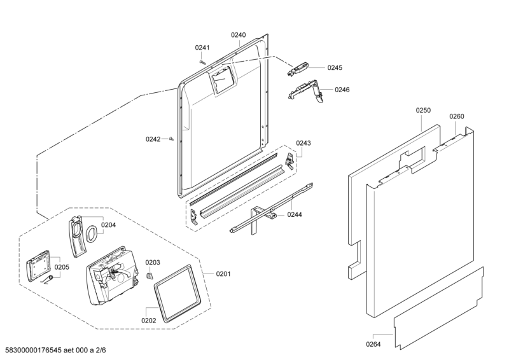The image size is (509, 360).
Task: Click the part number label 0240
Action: [238, 36]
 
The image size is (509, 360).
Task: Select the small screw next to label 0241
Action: [202, 61]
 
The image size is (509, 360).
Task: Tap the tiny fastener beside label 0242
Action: [172, 139]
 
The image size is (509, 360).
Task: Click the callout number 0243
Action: [303, 143]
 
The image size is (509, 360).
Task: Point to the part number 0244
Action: [294, 215]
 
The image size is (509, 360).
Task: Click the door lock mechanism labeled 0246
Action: [305, 90]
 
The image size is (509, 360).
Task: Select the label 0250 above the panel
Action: [423, 111]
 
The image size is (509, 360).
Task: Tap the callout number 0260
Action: [457, 116]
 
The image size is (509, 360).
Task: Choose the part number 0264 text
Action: [373, 344]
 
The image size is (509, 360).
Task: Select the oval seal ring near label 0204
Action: [92, 232]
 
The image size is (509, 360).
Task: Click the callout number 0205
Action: [62, 267]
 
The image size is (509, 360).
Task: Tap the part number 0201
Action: [223, 274]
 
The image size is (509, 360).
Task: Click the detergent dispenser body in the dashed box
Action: [112, 273]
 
